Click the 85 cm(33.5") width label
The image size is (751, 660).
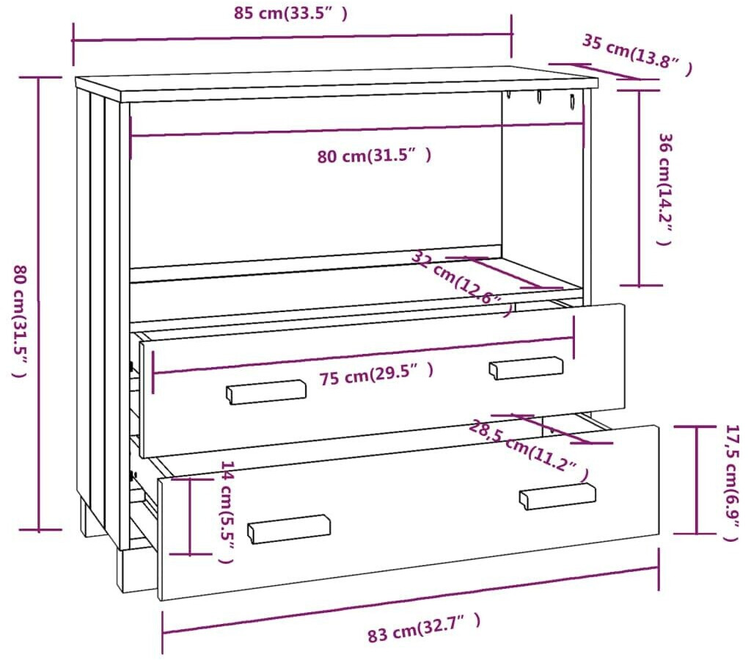click(x=291, y=13)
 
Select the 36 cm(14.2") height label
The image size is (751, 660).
click(x=664, y=189)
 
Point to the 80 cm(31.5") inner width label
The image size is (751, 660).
click(x=374, y=156)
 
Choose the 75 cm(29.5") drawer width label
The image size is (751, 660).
click(x=376, y=374)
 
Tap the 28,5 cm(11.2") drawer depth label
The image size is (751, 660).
click(x=528, y=452)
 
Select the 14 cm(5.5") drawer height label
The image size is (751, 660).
click(x=227, y=512)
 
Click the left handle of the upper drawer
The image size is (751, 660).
click(x=265, y=391)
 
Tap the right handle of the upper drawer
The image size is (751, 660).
click(x=526, y=367)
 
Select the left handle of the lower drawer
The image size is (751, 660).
click(x=289, y=528)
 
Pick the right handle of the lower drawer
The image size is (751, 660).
click(x=557, y=496)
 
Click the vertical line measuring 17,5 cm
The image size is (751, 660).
click(x=696, y=480)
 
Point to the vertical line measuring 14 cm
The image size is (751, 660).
click(x=190, y=515)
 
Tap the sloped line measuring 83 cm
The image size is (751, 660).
click(x=411, y=599)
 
